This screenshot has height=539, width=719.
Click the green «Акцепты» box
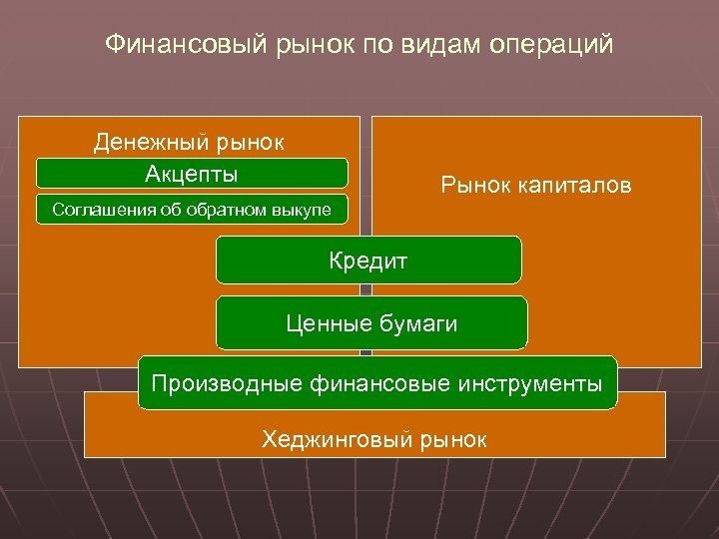pos(192,174)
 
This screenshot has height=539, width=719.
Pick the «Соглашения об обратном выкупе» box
pos(192,210)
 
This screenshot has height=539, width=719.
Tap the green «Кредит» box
pos(368,261)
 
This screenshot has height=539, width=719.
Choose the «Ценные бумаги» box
pos(371,322)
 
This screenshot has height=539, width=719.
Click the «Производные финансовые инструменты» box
pos(377,382)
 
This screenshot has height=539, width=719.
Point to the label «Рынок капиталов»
pos(536,186)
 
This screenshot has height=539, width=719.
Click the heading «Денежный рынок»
pos(190,142)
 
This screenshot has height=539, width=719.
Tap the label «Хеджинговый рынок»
pos(374,438)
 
